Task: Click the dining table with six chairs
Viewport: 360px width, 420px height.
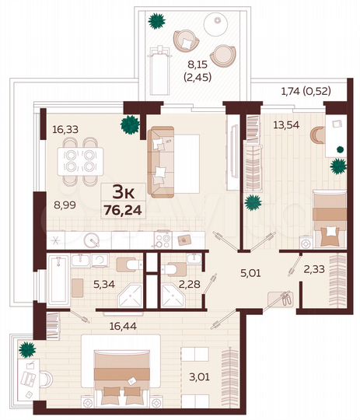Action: click(x=79, y=159)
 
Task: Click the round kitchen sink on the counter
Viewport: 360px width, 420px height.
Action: click(x=92, y=240)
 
